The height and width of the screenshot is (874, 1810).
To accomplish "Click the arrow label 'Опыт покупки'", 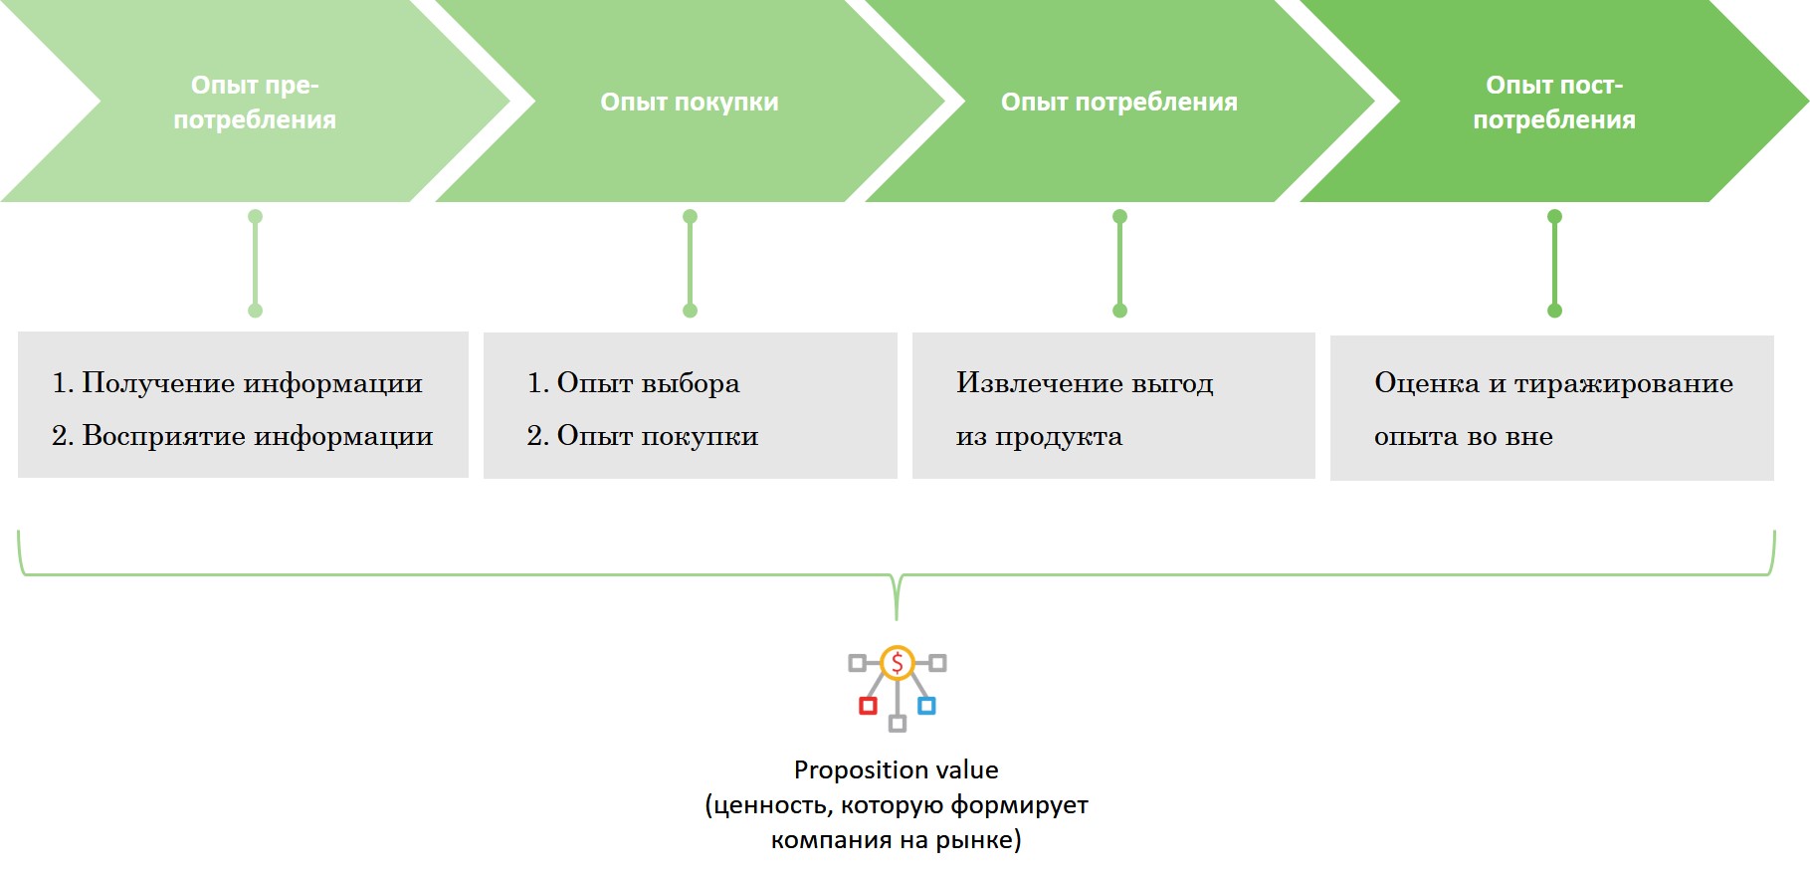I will (x=689, y=102).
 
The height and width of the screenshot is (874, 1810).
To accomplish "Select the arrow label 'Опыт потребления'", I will (x=1118, y=102).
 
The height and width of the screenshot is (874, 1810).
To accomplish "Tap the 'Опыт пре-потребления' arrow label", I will (x=255, y=103).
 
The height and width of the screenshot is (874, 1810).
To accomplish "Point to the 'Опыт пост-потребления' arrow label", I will (x=1553, y=103).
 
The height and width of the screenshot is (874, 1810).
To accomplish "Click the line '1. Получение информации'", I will (x=237, y=383).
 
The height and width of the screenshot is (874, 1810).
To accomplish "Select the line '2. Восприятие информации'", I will (x=242, y=436).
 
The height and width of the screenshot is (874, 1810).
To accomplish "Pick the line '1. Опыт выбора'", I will (x=633, y=383).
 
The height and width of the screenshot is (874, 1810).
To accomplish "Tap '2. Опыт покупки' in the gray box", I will (x=642, y=436).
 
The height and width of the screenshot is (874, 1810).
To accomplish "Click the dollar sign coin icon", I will (x=897, y=663).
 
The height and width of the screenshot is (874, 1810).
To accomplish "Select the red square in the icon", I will (x=868, y=706).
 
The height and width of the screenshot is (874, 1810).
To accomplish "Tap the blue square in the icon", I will (x=926, y=706).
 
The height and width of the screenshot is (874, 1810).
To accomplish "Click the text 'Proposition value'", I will (x=896, y=769).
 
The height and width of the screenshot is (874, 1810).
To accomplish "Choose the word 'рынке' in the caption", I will (x=982, y=839).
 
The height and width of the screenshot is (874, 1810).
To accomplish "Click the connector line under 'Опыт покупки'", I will (x=690, y=264).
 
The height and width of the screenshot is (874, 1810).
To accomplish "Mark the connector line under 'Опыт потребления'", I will (x=1119, y=264).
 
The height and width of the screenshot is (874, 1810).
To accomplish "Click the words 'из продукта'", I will (x=1039, y=436).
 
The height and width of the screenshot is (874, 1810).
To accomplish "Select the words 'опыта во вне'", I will (x=1463, y=436).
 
